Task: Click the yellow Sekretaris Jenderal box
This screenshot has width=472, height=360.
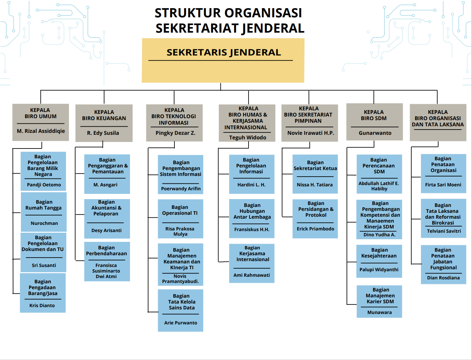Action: coord(223,60)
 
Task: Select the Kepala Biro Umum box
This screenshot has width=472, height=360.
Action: coord(41,122)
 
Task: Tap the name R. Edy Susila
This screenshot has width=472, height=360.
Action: coord(103,133)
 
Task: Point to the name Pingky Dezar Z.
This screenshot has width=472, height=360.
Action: coord(175,133)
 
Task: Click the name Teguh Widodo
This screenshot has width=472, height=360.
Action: coord(248,137)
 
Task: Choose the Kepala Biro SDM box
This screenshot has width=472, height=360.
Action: coord(375,122)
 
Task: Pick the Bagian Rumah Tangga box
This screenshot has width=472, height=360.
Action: coord(44,212)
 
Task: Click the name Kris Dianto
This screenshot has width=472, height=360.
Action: coord(42,305)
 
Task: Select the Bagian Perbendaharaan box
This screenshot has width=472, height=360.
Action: coord(107,262)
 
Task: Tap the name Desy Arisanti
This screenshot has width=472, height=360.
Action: coord(106,230)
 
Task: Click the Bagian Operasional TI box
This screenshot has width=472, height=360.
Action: coord(181,219)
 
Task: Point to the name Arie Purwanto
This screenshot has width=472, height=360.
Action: coord(181,323)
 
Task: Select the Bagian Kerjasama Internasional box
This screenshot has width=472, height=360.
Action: coord(252,263)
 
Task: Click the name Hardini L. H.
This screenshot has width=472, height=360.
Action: coord(252,185)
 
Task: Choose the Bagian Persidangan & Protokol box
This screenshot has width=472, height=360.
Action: coord(315,219)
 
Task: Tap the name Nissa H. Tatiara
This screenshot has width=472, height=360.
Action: coord(315,185)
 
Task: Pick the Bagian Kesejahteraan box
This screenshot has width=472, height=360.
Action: coord(379,261)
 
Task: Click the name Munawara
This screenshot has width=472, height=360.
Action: coord(380,313)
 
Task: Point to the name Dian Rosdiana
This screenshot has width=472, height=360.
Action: coord(443,278)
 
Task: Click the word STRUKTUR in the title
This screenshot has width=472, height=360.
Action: coord(187,13)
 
